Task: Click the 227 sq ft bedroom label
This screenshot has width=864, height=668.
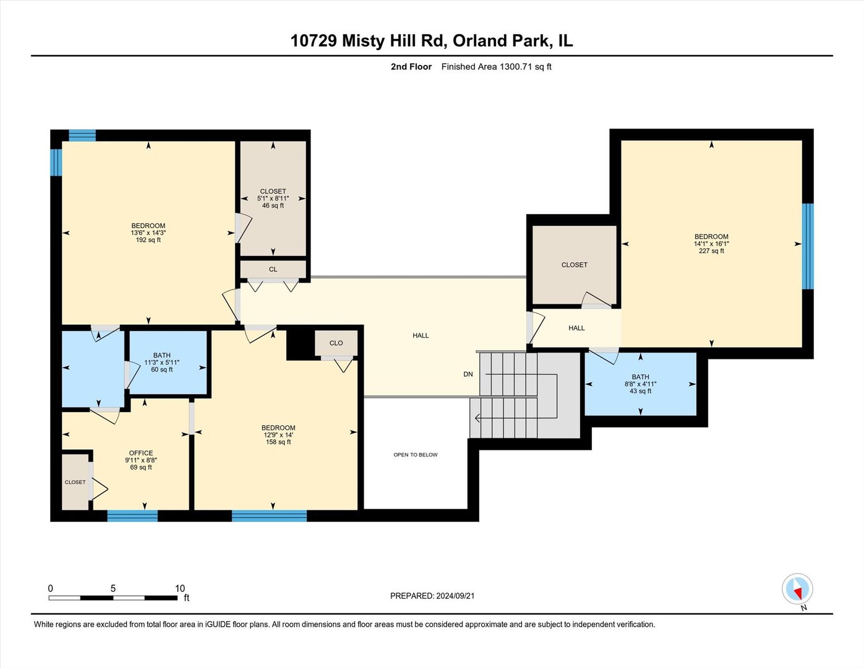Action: coord(711,243)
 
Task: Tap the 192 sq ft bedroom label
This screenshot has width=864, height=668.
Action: coord(148,233)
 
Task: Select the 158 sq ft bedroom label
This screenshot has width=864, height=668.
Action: coord(278,435)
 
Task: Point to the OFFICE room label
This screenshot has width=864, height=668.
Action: coord(141,453)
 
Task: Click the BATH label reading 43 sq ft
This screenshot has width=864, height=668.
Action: coord(640,383)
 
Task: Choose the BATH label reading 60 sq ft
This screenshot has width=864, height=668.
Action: coord(162,362)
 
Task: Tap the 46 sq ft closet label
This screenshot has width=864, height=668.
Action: coord(273,199)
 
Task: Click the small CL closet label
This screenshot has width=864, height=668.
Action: coord(273,269)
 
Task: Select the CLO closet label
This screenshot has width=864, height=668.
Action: coord(336,343)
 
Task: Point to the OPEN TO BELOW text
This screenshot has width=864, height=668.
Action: coord(416,455)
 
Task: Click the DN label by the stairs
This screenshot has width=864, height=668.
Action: coord(468,374)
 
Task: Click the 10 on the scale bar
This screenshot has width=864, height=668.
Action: coord(180,588)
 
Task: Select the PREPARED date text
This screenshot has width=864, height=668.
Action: coord(432,596)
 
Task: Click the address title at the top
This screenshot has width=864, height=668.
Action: coord(432,41)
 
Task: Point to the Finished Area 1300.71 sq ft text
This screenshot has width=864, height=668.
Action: coord(496,67)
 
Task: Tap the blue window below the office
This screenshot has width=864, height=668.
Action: coord(132,516)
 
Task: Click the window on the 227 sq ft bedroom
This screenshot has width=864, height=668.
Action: coord(808,246)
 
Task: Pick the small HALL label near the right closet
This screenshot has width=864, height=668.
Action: coord(576,328)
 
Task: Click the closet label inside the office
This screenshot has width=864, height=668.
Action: coord(75,482)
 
